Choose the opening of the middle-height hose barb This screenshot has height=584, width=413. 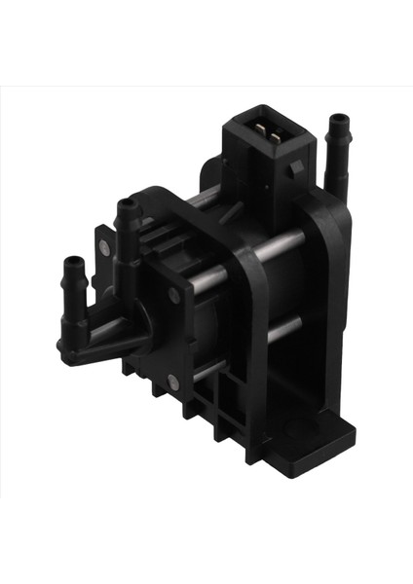(127, 204)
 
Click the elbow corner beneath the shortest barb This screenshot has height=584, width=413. (70, 346)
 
